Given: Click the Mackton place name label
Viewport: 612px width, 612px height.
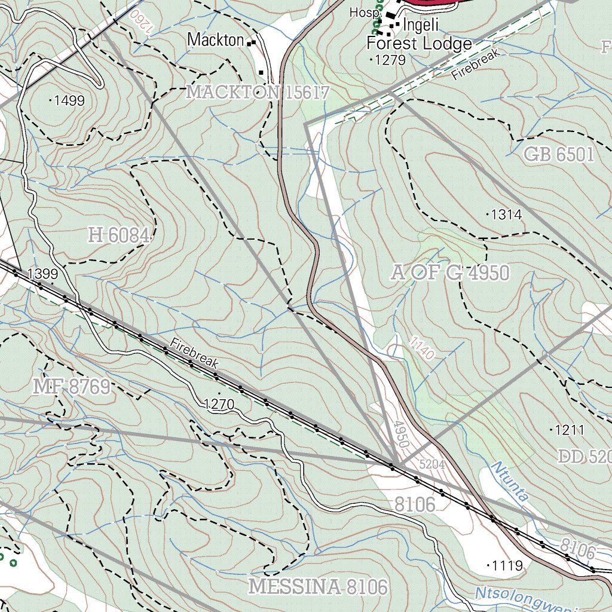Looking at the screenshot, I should point(216,40).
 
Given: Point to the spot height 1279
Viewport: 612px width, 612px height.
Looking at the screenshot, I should point(390,60).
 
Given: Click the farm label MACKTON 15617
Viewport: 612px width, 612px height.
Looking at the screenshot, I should point(258,92).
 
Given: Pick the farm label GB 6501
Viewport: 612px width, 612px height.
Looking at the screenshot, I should point(559,155).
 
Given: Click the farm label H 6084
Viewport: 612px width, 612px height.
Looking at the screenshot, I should point(119,235).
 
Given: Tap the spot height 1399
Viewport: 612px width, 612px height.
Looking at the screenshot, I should point(42,274).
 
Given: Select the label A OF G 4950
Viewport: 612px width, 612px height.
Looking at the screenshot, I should point(451,273).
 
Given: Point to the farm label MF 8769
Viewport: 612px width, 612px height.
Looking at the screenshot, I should point(72,387).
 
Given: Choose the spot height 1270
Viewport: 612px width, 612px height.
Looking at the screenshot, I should point(219,405).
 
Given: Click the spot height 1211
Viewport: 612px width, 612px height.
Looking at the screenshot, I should point(569,430).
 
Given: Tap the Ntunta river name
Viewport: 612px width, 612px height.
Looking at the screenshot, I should point(509,480).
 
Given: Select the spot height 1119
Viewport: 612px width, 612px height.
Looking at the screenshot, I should point(507,565).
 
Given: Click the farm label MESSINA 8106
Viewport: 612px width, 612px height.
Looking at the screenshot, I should point(318,586).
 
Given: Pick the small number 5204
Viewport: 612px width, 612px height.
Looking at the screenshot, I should point(432,463).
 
